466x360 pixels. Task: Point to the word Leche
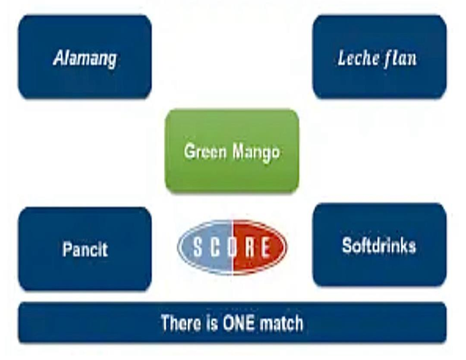358,58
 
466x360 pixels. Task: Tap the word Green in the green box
205,151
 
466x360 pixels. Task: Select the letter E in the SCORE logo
266,247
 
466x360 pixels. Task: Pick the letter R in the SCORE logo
250,247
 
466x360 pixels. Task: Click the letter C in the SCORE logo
215,247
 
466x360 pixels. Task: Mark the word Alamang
85,58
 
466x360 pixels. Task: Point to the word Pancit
85,249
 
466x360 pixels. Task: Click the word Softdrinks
379,246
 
